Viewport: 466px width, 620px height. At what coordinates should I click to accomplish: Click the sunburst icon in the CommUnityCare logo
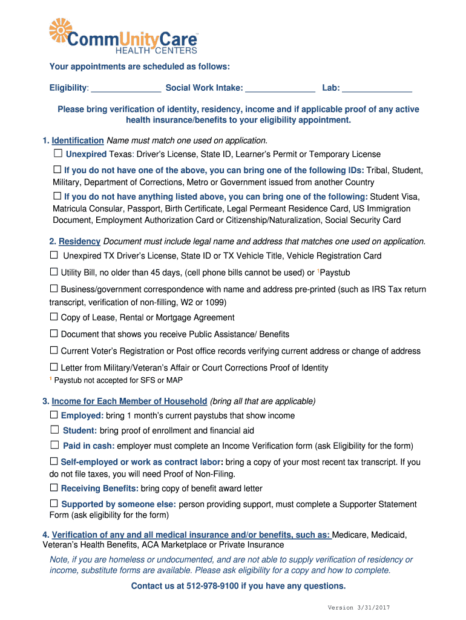(61, 31)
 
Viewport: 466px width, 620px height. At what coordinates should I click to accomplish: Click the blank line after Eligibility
(126, 89)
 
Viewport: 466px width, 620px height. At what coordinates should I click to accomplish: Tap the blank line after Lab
(377, 89)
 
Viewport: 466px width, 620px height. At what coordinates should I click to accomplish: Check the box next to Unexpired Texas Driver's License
(58, 154)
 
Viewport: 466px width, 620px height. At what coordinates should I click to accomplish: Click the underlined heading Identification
(77, 140)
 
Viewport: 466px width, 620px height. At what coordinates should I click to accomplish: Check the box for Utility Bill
(54, 272)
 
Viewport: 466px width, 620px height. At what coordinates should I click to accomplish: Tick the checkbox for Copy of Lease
(54, 317)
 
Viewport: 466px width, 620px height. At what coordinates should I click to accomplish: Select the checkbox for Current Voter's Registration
(54, 350)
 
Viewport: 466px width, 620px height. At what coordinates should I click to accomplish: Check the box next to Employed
(54, 415)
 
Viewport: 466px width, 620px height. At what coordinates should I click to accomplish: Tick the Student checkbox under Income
(54, 430)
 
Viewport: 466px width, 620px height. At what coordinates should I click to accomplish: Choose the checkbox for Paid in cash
(54, 445)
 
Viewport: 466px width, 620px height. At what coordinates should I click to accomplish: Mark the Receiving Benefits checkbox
(54, 487)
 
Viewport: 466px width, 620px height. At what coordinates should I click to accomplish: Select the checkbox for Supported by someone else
(54, 503)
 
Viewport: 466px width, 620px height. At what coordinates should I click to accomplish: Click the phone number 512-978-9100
(215, 585)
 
